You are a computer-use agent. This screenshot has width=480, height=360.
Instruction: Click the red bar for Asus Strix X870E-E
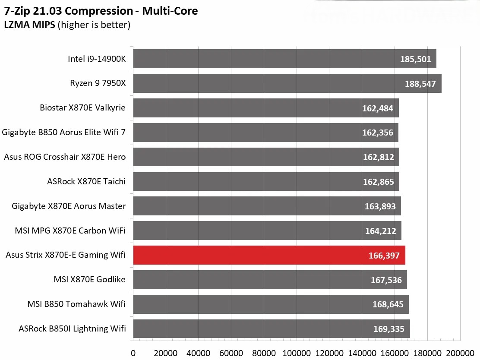click(x=268, y=255)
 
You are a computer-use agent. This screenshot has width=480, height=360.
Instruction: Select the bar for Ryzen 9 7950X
click(x=287, y=83)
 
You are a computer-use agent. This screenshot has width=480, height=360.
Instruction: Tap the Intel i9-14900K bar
click(x=284, y=59)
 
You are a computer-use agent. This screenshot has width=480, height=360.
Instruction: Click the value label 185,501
click(x=415, y=59)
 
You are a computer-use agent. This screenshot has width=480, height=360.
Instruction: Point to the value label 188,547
click(x=420, y=84)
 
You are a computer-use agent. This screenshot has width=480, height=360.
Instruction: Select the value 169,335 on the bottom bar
click(x=388, y=329)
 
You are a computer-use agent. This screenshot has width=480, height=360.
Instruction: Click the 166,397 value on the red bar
click(x=384, y=256)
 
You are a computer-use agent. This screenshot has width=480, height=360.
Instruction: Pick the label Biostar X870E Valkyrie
click(x=82, y=107)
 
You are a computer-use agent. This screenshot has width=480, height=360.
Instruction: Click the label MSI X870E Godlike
click(x=90, y=279)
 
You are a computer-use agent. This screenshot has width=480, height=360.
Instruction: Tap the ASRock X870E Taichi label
click(x=86, y=181)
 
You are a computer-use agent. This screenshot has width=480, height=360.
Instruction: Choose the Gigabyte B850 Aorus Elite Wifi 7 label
click(x=64, y=132)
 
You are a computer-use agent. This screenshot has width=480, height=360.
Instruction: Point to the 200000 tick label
click(x=460, y=352)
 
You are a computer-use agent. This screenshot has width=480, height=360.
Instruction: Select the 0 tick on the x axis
click(x=133, y=352)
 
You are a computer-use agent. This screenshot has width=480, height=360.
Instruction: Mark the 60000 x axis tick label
click(x=231, y=352)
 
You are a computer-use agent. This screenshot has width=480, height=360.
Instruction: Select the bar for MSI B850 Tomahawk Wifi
click(x=270, y=304)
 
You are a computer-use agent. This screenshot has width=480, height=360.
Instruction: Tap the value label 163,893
click(x=380, y=206)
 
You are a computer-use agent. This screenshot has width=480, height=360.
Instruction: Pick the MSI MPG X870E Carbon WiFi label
click(x=70, y=231)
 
